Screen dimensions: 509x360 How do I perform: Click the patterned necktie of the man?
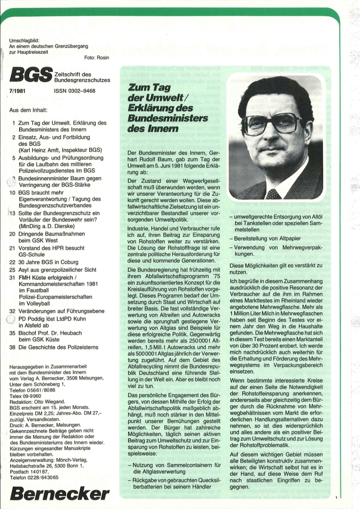point(273,193)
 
